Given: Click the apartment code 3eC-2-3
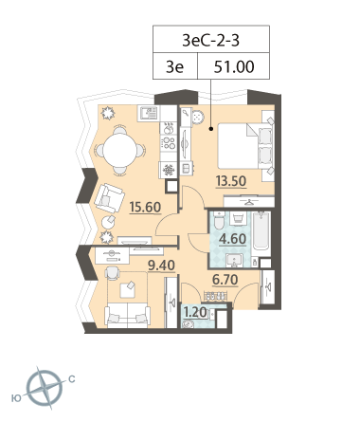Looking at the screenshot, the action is click(210, 41).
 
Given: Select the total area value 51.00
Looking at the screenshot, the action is click(234, 67).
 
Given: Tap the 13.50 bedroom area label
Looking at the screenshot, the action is click(231, 181).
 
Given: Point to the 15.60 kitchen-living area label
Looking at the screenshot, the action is click(145, 207).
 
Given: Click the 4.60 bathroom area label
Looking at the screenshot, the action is click(233, 239).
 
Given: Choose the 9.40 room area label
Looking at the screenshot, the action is click(161, 266).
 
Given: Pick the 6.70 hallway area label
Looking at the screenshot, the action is click(225, 280).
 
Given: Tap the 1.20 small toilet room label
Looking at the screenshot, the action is click(195, 312).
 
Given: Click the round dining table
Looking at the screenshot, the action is click(119, 150).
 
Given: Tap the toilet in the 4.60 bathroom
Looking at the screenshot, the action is click(219, 220).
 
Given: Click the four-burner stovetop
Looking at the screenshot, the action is click(169, 141).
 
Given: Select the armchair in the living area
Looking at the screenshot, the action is click(108, 198).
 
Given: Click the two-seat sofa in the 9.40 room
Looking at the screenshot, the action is click(128, 315).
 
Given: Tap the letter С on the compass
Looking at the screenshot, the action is click(72, 379).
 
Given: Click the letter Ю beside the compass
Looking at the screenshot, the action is click(16, 398).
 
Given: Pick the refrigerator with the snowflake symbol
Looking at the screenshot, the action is click(169, 171).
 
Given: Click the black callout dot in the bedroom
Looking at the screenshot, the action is click(211, 129).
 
